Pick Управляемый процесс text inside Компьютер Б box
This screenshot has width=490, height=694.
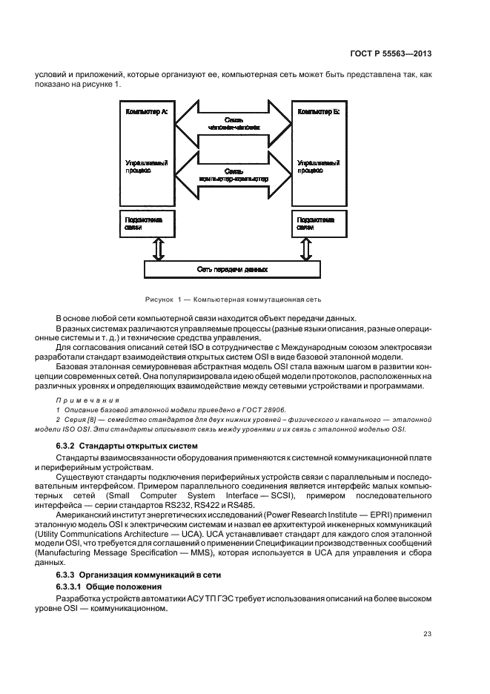[x=314, y=165]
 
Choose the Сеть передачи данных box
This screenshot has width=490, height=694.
[x=233, y=270]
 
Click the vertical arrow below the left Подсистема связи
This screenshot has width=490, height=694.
[x=156, y=248]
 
